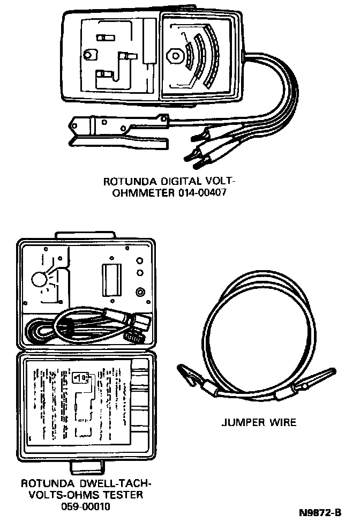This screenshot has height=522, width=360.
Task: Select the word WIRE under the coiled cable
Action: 283,422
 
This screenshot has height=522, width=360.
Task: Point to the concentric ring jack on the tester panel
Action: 140,292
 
